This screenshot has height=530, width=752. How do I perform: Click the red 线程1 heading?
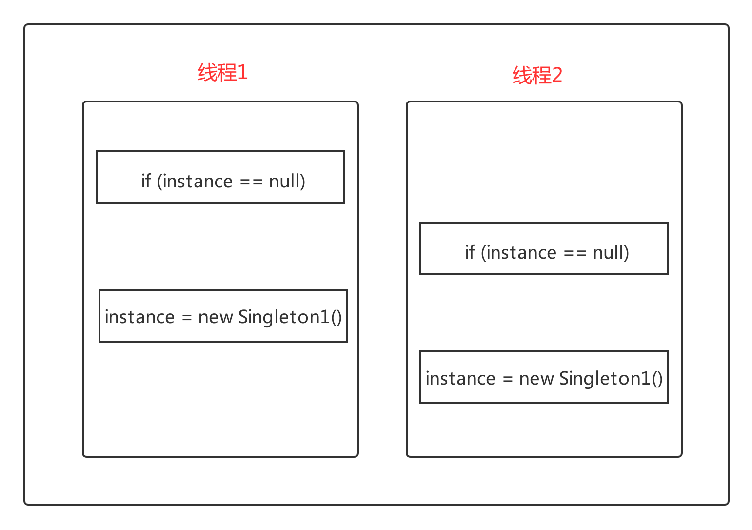(223, 72)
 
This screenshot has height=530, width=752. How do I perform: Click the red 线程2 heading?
(537, 75)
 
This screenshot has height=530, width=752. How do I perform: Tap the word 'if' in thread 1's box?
(146, 181)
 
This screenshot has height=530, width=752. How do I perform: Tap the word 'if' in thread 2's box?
(470, 252)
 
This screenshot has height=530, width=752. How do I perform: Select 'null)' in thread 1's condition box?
(287, 182)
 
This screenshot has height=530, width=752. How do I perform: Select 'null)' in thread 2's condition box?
(611, 253)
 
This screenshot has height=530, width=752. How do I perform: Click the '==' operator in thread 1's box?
(251, 183)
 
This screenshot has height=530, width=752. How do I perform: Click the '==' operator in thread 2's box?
(575, 254)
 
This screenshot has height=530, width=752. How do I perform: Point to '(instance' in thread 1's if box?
(195, 182)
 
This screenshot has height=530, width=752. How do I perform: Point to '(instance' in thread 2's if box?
(519, 253)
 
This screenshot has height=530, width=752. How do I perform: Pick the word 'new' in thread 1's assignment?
(216, 318)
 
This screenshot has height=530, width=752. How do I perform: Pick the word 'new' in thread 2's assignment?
(536, 379)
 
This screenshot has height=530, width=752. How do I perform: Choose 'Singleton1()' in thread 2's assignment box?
(611, 379)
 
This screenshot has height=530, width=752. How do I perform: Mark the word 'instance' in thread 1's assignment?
(139, 317)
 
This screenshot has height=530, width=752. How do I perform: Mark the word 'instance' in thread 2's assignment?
(460, 378)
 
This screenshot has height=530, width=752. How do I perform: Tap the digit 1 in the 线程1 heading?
(243, 73)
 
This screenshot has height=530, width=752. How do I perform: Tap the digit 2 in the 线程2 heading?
(557, 75)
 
